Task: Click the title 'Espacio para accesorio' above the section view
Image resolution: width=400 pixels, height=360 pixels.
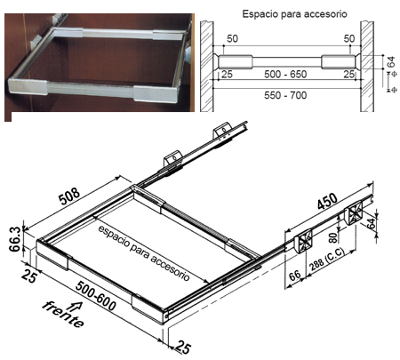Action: click(x=294, y=14)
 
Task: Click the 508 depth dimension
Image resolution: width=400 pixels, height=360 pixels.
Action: click(x=69, y=196)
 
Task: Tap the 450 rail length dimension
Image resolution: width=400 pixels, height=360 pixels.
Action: click(x=327, y=202)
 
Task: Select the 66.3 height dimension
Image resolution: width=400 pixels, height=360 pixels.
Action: click(x=15, y=239)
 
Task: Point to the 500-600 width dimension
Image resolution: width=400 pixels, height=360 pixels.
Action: click(x=96, y=296)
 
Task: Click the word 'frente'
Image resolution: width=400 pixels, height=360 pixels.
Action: click(x=63, y=315)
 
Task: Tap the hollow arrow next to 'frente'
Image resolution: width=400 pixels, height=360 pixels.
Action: click(x=76, y=306)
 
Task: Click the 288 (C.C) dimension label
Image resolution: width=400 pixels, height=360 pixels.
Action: click(x=327, y=260)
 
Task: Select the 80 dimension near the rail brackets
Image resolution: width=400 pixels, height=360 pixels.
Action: click(x=333, y=238)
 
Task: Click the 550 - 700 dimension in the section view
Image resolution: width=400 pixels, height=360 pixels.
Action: click(x=285, y=95)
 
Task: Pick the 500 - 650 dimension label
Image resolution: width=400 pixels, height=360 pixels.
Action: click(x=285, y=74)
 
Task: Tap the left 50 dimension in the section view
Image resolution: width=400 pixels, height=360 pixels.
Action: click(x=232, y=39)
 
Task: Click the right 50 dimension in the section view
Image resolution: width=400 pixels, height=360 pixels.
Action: click(x=349, y=39)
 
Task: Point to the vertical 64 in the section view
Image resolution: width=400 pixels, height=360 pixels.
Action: click(x=391, y=62)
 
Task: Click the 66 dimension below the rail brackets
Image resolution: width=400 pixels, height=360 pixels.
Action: click(x=295, y=276)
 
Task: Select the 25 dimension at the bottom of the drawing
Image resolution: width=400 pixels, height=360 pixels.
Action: click(x=183, y=347)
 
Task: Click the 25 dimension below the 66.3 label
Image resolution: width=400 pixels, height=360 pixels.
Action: click(x=29, y=276)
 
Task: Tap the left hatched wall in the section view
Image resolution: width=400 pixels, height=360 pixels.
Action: click(x=207, y=67)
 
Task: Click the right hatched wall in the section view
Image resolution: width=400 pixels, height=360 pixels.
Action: click(x=367, y=67)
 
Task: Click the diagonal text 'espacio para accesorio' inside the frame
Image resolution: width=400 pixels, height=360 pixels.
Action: click(x=143, y=253)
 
